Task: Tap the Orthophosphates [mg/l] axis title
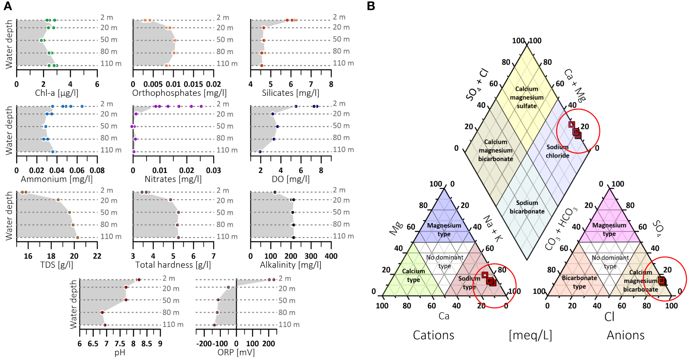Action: [180, 93]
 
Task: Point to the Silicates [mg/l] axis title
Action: [290, 93]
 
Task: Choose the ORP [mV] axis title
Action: [236, 352]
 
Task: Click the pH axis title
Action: [120, 352]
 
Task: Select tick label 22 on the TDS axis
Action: [97, 256]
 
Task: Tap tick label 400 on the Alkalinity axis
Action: [331, 256]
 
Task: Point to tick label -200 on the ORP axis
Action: [205, 344]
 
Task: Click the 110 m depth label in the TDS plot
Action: [111, 236]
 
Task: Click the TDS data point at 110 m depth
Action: [77, 237]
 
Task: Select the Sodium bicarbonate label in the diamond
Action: [527, 207]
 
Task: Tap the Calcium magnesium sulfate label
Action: [527, 97]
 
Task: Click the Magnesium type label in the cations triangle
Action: [444, 230]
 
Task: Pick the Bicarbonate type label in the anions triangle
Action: [579, 282]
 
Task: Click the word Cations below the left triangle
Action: [433, 335]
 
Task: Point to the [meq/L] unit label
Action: [530, 335]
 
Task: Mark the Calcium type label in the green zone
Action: [413, 275]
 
